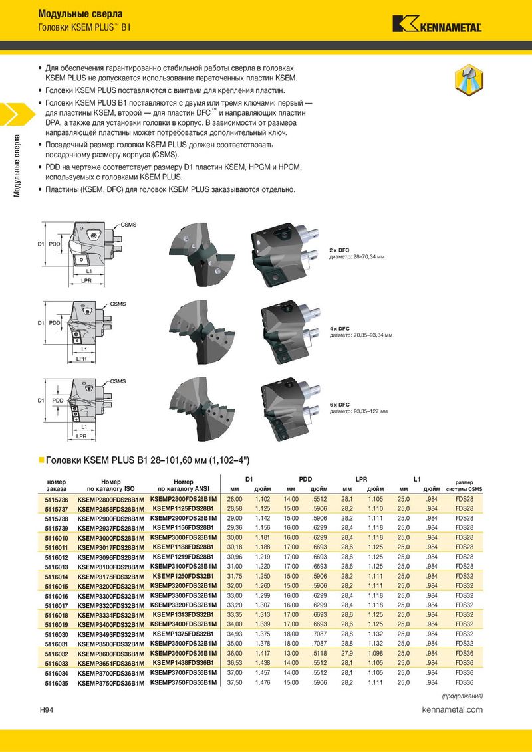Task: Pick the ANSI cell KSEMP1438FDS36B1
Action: coord(183,662)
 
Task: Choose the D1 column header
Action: coord(249,478)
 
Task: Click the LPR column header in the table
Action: coord(361,478)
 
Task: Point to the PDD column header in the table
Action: coord(305,478)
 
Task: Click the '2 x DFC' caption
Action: coord(340,250)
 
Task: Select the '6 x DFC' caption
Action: coord(340,405)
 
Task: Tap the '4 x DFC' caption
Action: coord(340,328)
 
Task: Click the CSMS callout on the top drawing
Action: coord(128,225)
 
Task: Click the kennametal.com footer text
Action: coord(452,710)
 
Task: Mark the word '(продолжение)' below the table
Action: coord(463,696)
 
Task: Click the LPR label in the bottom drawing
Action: coord(82,436)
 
